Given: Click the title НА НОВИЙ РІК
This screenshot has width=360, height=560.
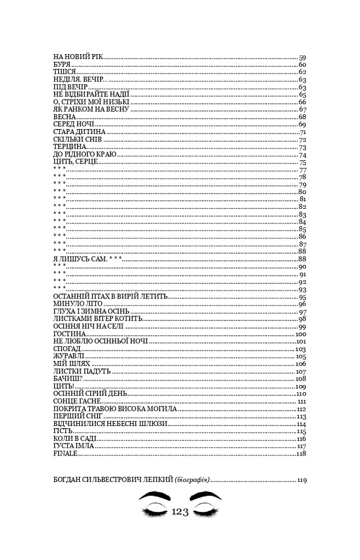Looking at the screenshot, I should (x=78, y=57).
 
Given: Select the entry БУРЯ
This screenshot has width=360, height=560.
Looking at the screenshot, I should (x=63, y=65).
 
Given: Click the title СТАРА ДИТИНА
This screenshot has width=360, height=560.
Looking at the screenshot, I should (x=79, y=132).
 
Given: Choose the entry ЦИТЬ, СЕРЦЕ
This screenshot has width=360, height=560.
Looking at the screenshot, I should (x=76, y=162).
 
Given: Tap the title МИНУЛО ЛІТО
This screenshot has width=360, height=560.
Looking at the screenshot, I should (x=78, y=304).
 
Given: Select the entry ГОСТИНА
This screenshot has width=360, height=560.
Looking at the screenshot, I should (x=69, y=334).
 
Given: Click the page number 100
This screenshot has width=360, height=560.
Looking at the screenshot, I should (x=300, y=334).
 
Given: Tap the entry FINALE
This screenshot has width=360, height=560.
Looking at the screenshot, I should (x=65, y=453).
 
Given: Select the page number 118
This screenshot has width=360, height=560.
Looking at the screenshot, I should (x=300, y=453).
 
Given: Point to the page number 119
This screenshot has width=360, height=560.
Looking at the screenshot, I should (x=301, y=480).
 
